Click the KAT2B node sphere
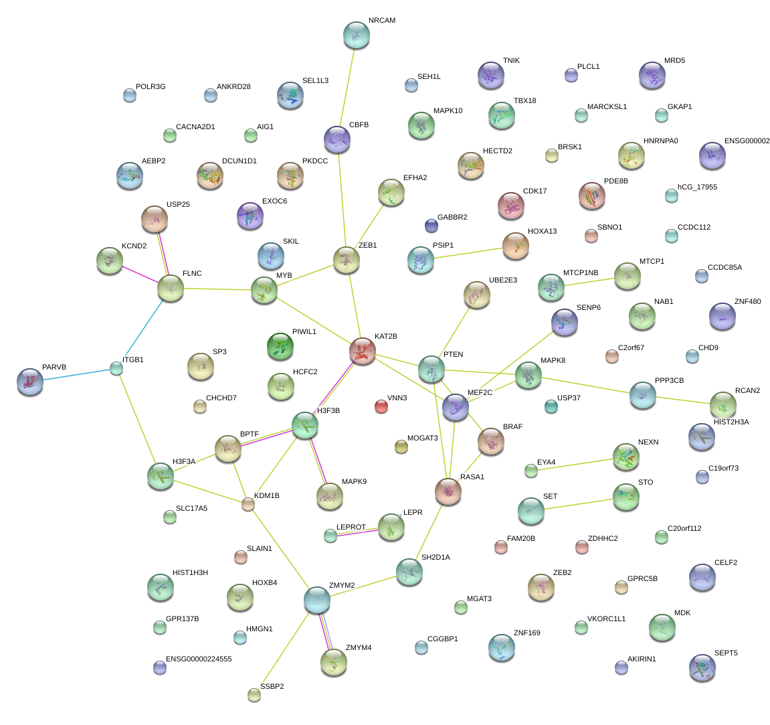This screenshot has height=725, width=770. tap(363, 350)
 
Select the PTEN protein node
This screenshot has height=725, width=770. tap(431, 369)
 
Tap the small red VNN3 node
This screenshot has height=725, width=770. tap(381, 406)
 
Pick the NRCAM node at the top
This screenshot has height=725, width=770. tap(356, 35)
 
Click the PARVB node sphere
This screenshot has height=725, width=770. tap(29, 381)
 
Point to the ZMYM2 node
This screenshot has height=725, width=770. tap(317, 600)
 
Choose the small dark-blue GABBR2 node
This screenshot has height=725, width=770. tap(431, 226)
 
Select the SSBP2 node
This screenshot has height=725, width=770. tap(254, 694)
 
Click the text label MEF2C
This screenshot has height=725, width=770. tap(480, 392)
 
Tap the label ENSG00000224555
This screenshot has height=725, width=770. tap(199, 659)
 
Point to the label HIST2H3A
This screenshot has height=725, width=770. tap(731, 422)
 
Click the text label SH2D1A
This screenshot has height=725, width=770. tap(436, 557)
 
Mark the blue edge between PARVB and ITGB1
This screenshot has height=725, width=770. tap(74, 374)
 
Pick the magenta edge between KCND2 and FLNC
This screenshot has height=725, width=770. tap(140, 274)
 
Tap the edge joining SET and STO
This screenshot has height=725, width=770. tap(579, 503)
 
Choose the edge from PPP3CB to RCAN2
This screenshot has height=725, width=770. tap(682, 400)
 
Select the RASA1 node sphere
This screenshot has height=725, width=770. tap(448, 491)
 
